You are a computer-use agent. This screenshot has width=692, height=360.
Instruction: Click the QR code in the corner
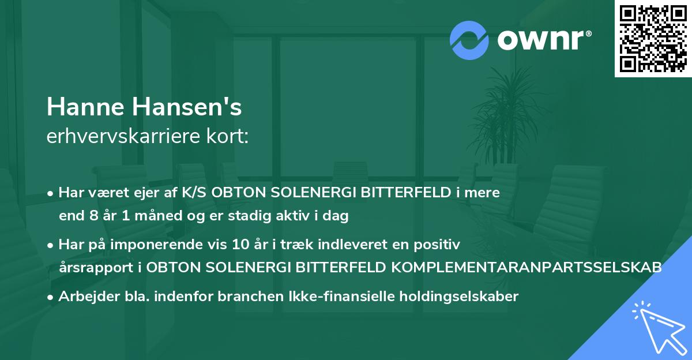click(x=653, y=39)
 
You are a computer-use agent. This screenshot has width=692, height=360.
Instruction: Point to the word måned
click(x=145, y=216)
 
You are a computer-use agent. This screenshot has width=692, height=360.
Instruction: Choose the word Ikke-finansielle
click(x=318, y=297)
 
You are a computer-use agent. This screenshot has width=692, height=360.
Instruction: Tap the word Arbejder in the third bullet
click(x=84, y=297)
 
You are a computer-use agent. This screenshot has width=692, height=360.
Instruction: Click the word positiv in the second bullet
click(x=440, y=245)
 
